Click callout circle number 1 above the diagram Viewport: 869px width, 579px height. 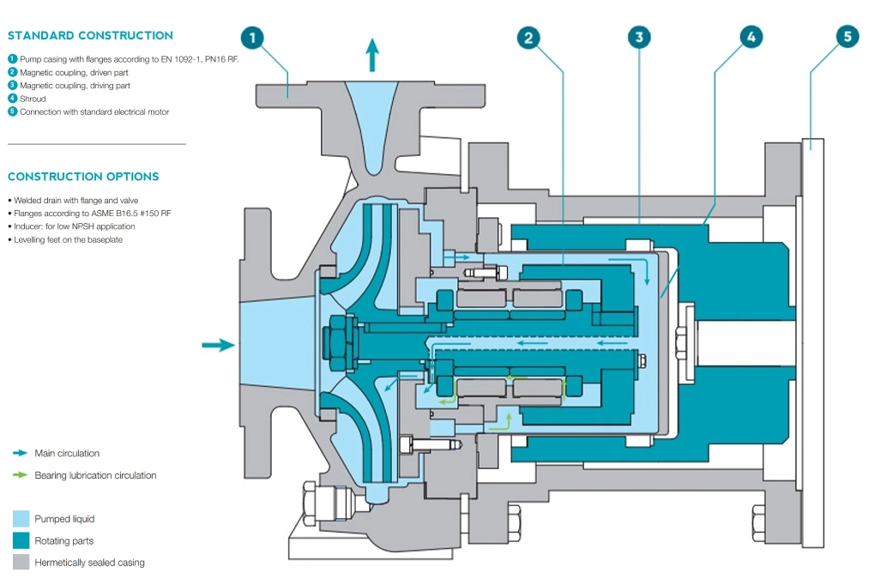[x=253, y=38]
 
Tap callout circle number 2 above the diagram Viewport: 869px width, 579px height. [x=528, y=38]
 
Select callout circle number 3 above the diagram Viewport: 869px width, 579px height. [x=639, y=38]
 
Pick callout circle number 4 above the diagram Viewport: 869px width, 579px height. [x=751, y=38]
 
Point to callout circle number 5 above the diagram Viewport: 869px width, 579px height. [x=848, y=38]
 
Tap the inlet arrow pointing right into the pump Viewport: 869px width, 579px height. [x=218, y=345]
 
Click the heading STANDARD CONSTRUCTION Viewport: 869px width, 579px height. [x=90, y=36]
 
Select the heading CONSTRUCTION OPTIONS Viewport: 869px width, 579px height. [x=83, y=177]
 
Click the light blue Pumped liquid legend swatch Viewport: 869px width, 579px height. [x=21, y=519]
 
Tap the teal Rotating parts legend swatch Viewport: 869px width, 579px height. [x=21, y=541]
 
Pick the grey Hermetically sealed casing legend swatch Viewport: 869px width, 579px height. [x=21, y=563]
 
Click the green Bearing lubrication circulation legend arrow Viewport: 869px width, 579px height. [x=20, y=475]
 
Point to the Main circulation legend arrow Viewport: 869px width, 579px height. [x=20, y=453]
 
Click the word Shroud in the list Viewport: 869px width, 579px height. [x=33, y=99]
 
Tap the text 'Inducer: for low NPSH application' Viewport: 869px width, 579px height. [x=75, y=226]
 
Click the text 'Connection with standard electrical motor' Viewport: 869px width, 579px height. [x=94, y=112]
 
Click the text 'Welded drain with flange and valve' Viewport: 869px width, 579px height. [x=76, y=200]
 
